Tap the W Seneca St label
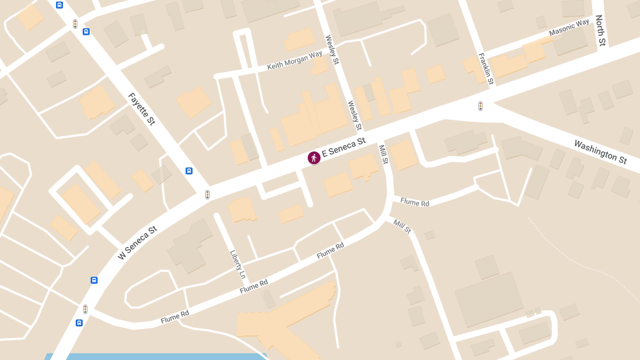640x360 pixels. tap(138, 243)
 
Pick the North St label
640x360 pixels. tap(601, 30)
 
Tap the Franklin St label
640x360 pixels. tap(486, 68)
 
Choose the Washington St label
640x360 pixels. tap(601, 151)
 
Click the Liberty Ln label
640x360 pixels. tap(237, 265)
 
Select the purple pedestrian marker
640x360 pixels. tap(314, 157)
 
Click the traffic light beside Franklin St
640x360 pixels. tap(480, 106)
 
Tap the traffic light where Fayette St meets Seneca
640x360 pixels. tap(207, 195)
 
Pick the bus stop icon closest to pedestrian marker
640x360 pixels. tap(189, 171)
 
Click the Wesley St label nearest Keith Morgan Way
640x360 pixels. tap(332, 50)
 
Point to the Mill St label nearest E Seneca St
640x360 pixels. tap(383, 154)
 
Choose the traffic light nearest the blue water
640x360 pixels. tap(85, 309)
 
